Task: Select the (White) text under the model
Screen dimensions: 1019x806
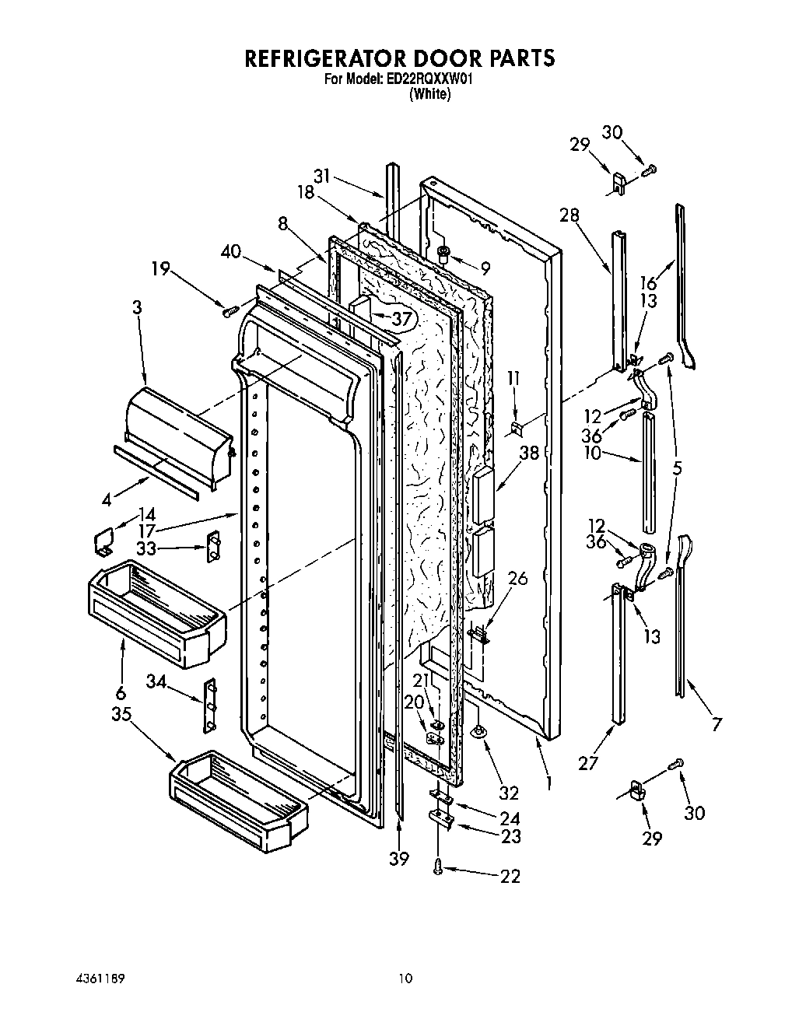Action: click(429, 94)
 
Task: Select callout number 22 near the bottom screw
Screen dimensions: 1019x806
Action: click(510, 876)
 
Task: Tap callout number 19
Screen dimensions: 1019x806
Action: click(160, 269)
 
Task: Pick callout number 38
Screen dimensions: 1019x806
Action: click(529, 453)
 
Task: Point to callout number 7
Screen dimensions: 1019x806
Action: click(716, 724)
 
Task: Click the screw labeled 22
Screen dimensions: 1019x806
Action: click(440, 864)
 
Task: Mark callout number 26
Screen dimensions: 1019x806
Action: click(517, 578)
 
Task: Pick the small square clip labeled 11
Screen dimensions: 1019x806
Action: click(515, 427)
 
